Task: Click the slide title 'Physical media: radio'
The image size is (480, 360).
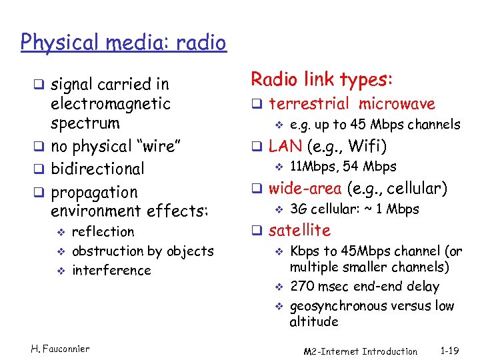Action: pyautogui.click(x=123, y=43)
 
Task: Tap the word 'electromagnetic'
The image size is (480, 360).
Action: pyautogui.click(x=111, y=104)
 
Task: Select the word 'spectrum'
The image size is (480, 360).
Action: pyautogui.click(x=85, y=123)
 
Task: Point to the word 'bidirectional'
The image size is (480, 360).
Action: pyautogui.click(x=97, y=169)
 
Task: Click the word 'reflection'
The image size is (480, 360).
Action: pyautogui.click(x=103, y=232)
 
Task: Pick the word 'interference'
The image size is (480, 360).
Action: pyautogui.click(x=111, y=271)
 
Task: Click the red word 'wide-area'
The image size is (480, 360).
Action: pyautogui.click(x=304, y=189)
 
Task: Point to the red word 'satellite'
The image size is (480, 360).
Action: pyautogui.click(x=299, y=231)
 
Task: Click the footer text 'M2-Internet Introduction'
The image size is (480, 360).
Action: pyautogui.click(x=360, y=351)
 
